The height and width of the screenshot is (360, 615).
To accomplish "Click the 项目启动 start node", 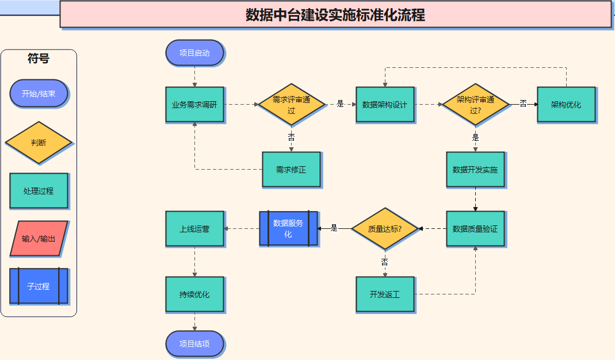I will coord(194,53).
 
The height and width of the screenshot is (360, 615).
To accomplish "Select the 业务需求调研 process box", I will coord(194,105).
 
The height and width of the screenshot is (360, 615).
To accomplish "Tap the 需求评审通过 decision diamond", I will coord(291,105).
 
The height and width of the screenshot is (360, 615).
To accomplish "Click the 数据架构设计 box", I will coord(384,105).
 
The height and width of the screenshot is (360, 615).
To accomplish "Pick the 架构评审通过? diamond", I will coord(475,105).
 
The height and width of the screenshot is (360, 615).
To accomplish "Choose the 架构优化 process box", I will coord(566,105).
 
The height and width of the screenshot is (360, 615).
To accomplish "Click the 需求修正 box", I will coord(291,170).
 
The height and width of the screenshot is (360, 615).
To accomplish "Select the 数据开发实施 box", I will coord(475,170).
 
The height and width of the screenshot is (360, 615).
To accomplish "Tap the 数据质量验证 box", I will coord(475,229).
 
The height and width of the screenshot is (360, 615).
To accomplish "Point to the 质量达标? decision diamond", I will coord(384,229).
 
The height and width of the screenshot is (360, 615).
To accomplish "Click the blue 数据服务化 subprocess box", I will coord(288,229).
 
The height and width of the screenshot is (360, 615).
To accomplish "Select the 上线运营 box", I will coord(194,229).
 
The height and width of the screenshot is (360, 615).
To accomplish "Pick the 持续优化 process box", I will coord(194,294).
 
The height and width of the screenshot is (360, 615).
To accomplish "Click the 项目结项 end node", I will coord(194,344).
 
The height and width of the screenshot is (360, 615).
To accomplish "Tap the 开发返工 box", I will coord(384,294).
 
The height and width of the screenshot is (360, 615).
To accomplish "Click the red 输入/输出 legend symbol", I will coord(39,239).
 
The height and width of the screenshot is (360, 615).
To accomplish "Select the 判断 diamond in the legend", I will coord(39,143).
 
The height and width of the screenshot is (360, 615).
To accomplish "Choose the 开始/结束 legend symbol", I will coord(39,94).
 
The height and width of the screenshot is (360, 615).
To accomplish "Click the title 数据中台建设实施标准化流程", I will coord(335,14).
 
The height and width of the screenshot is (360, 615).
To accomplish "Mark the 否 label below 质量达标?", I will coord(384,262).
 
